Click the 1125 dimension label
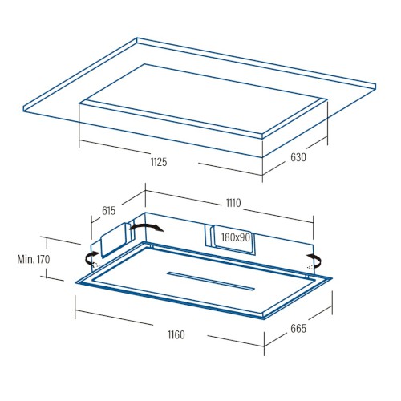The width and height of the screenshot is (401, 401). click(159, 162)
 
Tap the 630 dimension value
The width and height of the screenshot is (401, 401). click(298, 157)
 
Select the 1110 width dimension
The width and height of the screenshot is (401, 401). click(233, 203)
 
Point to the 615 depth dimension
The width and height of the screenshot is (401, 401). click(108, 211)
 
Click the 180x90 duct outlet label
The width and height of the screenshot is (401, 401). click(236, 237)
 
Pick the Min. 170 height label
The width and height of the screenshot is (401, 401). click(34, 259)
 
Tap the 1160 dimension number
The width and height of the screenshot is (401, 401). click(176, 334)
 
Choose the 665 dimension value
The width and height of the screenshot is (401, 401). click(298, 329)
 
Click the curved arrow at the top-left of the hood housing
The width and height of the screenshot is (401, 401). click(147, 226)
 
